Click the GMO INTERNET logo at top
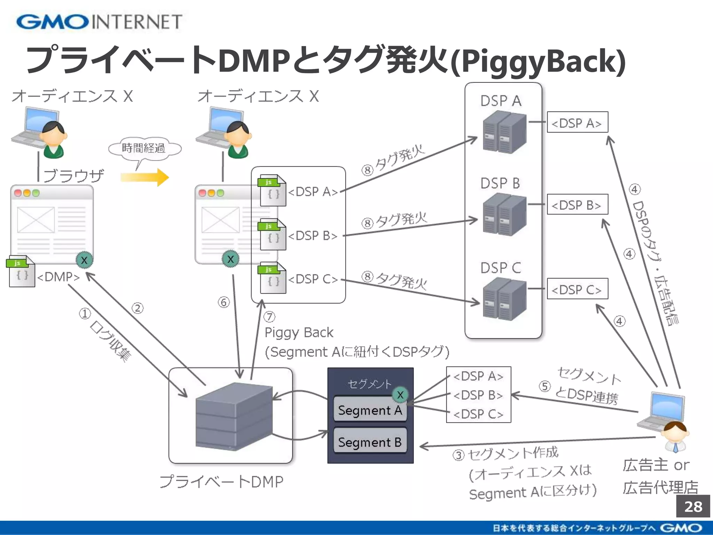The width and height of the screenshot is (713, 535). coord(99,22)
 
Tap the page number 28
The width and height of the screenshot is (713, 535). coord(693,506)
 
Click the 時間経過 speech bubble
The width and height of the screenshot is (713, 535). coord(144,148)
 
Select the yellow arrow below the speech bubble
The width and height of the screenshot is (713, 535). coord(145,177)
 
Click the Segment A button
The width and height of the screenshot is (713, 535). coord(370,410)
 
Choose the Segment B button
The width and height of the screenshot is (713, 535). coord(370,442)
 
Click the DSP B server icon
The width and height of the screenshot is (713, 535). coord(504,215)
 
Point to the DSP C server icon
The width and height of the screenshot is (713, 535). coord(504,299)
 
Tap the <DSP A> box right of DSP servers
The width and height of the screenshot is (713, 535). coord(577,122)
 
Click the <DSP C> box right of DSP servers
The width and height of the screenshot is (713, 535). coord(577,289)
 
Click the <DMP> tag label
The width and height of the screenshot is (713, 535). coord(58,277)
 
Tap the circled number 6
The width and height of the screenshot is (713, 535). coord(224,302)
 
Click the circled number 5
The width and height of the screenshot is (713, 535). coord(544,386)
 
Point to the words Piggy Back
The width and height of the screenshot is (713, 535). coord(299,333)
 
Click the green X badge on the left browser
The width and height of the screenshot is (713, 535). coord(84,260)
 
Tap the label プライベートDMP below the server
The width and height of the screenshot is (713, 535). coord(221,482)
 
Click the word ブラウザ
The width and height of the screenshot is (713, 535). coord(74,176)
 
